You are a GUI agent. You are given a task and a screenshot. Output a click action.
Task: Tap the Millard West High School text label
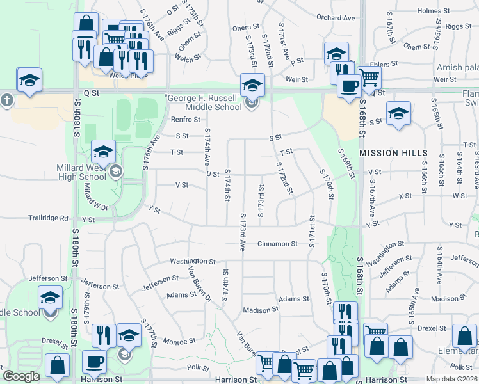(x=81, y=172)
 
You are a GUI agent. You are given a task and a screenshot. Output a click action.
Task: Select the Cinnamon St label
(x=278, y=244)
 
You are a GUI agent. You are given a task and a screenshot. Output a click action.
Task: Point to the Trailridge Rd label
(x=47, y=218)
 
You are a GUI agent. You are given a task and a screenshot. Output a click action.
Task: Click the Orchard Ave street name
(x=336, y=18)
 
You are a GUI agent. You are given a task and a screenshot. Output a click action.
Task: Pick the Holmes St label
(x=434, y=11)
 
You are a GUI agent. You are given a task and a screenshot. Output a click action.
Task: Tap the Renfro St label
(x=185, y=120)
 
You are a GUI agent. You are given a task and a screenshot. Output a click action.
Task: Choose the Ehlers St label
(x=384, y=64)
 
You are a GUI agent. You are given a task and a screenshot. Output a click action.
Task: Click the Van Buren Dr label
(x=199, y=282)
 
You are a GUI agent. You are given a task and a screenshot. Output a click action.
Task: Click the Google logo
(x=22, y=376)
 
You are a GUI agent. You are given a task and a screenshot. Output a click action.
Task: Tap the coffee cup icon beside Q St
(x=349, y=85)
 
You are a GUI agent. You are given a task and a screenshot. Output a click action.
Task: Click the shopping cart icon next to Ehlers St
(x=369, y=77)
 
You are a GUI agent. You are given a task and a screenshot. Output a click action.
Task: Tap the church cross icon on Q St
(x=6, y=100)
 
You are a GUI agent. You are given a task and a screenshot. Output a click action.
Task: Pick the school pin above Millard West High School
(x=103, y=152)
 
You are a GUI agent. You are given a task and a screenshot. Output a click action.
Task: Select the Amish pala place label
(x=457, y=67)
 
